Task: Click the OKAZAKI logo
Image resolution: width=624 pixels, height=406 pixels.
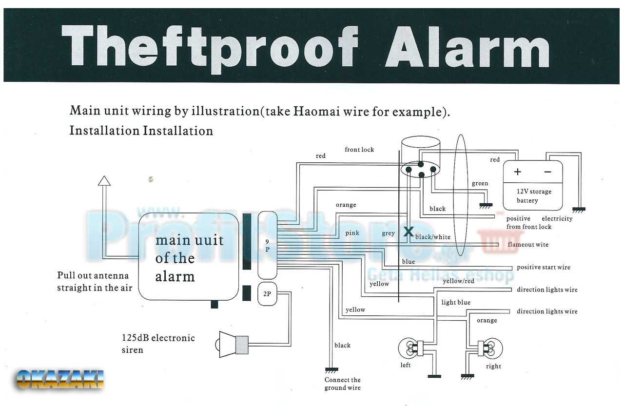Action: (60, 379)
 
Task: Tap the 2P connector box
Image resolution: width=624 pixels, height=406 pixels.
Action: (267, 294)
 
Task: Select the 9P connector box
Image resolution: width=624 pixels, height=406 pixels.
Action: (267, 242)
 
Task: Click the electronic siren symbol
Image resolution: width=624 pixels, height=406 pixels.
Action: (233, 344)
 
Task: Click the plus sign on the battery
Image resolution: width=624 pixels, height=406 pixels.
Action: (518, 172)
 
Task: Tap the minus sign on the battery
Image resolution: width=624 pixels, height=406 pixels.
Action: (547, 172)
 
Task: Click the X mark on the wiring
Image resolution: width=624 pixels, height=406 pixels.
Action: (408, 232)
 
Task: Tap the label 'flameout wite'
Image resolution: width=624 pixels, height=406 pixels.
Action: (528, 245)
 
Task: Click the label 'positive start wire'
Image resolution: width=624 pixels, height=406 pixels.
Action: (544, 267)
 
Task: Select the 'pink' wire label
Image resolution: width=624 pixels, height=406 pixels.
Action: (352, 233)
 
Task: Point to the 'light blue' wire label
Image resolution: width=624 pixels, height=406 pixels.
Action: (456, 302)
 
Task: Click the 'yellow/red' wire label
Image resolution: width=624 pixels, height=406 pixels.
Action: (458, 281)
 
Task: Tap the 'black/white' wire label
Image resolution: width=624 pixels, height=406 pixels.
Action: (433, 237)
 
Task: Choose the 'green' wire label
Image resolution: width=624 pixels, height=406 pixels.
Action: (480, 183)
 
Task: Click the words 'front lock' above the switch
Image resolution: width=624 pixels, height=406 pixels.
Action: (359, 150)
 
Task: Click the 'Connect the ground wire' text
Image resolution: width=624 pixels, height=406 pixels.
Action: (343, 384)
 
